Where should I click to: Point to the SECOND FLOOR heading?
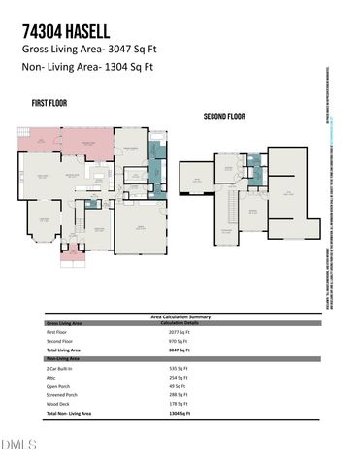pyautogui.click(x=224, y=116)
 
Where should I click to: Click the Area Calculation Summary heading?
pyautogui.click(x=180, y=316)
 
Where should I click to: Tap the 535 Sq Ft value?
pyautogui.click(x=172, y=370)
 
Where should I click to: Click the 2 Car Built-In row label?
pyautogui.click(x=61, y=370)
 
